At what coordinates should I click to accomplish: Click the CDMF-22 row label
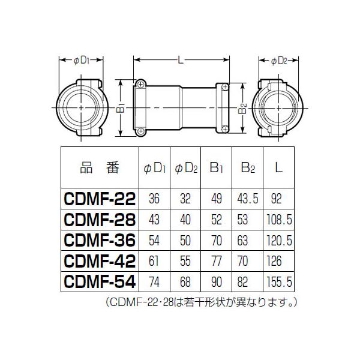[100, 199]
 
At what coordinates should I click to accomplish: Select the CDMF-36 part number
[100, 241]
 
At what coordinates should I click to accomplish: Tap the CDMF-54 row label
[100, 282]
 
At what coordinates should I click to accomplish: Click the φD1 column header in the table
[155, 168]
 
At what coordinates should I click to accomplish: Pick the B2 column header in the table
[248, 167]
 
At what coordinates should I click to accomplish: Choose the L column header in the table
[278, 167]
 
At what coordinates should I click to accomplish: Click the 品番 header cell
[100, 167]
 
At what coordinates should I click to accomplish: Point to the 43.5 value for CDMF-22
[248, 199]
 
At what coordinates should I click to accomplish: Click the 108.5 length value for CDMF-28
[279, 220]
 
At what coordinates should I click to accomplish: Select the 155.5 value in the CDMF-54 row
[279, 282]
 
